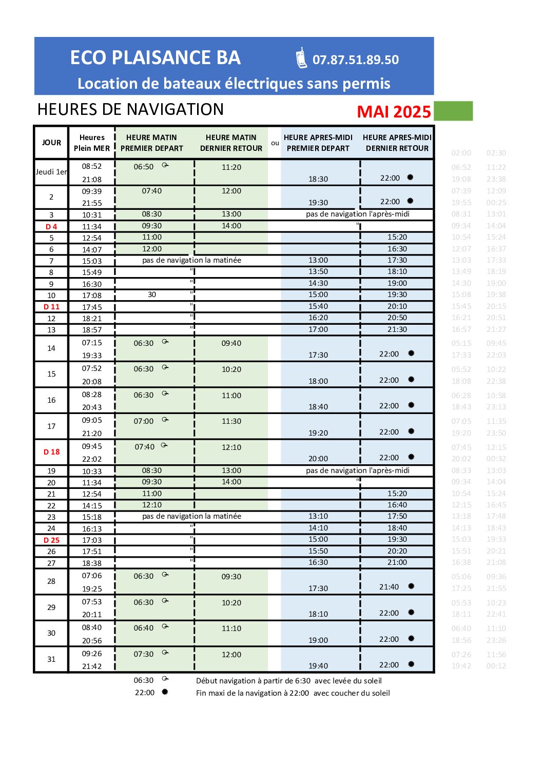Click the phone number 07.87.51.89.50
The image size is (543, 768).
[355, 60]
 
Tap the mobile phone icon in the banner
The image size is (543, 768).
[302, 58]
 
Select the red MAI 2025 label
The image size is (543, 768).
[394, 112]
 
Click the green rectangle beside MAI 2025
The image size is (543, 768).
[453, 111]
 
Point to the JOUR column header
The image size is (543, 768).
[51, 143]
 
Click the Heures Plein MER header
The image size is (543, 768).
[92, 143]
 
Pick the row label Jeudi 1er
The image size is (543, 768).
[51, 172]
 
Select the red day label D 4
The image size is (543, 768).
[51, 227]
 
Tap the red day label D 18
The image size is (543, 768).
[51, 452]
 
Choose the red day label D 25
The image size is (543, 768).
[51, 540]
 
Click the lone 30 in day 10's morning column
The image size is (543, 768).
[152, 294]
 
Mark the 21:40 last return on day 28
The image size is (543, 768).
[389, 587]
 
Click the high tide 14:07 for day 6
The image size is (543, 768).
[92, 250]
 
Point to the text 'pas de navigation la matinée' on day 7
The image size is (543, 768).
[191, 260]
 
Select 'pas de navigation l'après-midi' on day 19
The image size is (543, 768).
[358, 470]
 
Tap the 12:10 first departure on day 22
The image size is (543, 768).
[152, 505]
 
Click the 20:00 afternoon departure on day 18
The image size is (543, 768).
[318, 459]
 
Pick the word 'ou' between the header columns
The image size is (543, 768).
[275, 143]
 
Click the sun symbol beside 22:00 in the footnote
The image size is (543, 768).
[165, 692]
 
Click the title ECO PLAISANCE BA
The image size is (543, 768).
[156, 58]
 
